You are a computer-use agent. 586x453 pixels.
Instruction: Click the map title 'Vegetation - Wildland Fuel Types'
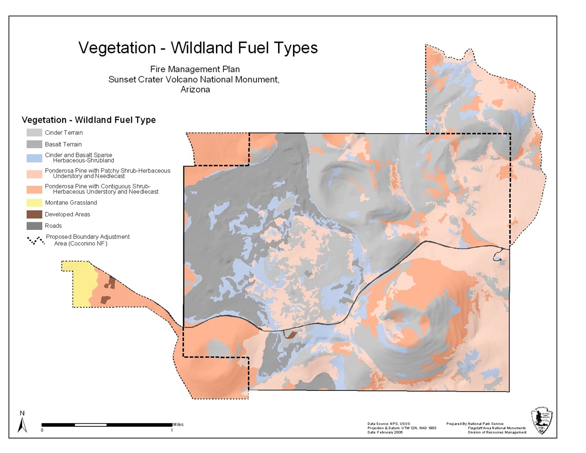coord(198,48)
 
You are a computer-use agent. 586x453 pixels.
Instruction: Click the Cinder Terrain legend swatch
coord(34,133)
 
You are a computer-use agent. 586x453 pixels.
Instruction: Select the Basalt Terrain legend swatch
coord(34,144)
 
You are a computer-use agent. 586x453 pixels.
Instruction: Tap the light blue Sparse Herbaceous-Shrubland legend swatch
coord(34,158)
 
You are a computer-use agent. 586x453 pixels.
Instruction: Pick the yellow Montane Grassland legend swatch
coord(34,203)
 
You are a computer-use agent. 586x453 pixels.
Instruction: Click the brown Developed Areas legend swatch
coord(34,215)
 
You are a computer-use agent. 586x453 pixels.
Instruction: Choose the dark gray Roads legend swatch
coord(34,226)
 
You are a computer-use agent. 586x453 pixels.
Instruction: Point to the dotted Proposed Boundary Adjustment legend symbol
coord(36,240)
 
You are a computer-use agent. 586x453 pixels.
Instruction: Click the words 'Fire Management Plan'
coord(195,69)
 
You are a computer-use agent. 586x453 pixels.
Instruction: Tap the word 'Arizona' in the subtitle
coord(195,89)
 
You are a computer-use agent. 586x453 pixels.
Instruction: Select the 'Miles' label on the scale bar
coord(179,424)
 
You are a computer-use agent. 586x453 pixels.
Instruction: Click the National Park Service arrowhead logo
coord(542,421)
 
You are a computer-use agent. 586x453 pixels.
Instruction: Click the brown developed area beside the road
coord(291,335)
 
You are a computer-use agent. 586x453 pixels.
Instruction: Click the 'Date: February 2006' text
coord(385,432)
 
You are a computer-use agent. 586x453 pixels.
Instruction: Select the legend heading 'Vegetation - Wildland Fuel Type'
coord(89,120)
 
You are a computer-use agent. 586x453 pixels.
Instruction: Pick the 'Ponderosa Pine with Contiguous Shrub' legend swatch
coord(34,189)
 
